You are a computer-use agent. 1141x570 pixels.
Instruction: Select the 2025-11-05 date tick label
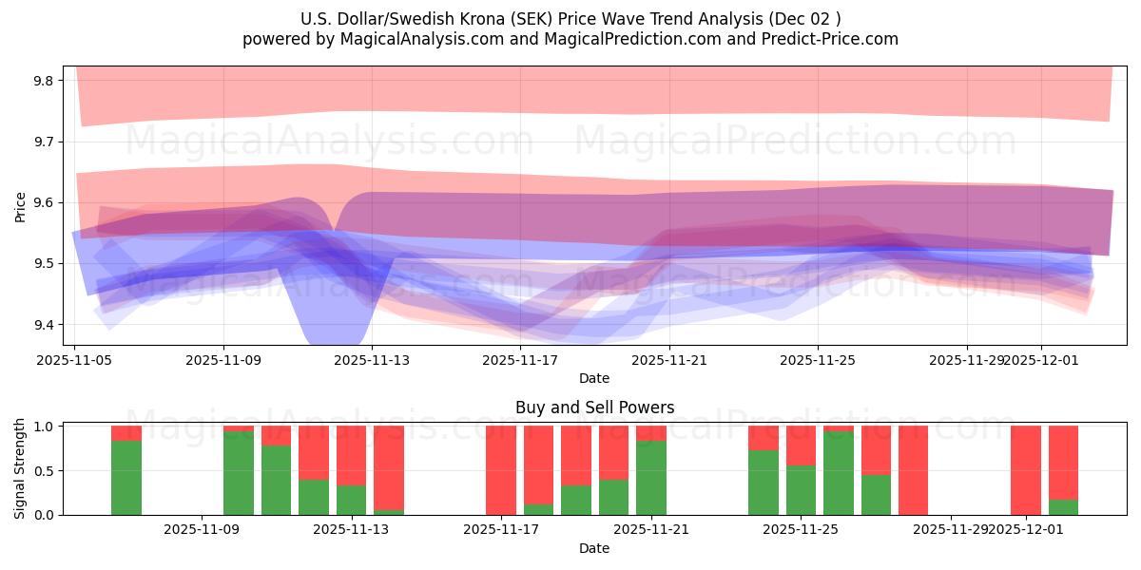point(75,361)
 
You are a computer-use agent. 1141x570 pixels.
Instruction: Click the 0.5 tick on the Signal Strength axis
point(45,471)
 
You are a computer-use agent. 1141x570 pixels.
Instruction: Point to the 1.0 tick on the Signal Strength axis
point(45,427)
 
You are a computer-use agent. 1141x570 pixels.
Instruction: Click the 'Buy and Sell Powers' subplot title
point(594,408)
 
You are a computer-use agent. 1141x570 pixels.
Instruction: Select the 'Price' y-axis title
point(20,206)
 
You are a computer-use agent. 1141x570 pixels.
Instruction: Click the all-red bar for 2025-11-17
point(501,470)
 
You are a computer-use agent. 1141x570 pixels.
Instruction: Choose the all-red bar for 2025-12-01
point(1026,470)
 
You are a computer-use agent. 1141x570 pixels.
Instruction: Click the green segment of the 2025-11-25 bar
point(801,490)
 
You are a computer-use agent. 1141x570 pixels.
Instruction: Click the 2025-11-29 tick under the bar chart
point(950,529)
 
